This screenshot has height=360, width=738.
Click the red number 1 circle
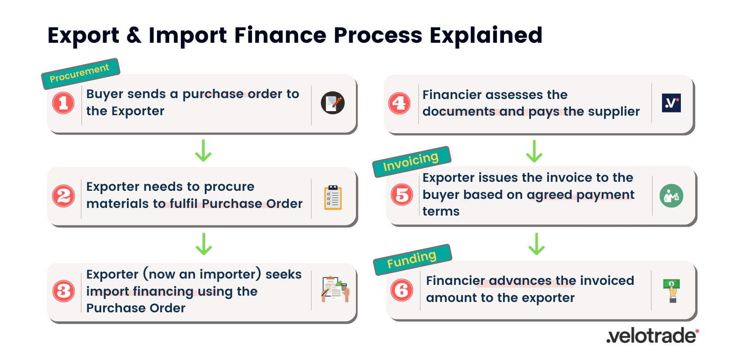pos(63,103)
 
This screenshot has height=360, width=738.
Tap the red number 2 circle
pos(63,196)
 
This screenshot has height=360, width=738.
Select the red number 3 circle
pos(63,291)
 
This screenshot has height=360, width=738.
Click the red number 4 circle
pos(399,103)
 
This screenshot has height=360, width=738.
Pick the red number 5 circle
pos(402,195)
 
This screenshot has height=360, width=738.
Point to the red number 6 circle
pos(402,290)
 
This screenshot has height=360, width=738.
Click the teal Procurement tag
pos(80,73)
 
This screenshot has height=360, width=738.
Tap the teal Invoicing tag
pos(411,162)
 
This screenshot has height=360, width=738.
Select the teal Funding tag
pos(412,259)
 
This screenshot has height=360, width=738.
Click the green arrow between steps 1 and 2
pos(203,151)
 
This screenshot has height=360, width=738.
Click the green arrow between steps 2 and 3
pos(204,244)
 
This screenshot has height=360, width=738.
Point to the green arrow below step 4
pos(534,151)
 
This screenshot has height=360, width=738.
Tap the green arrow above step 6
pos(536,244)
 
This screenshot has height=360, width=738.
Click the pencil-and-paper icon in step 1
pos(333,103)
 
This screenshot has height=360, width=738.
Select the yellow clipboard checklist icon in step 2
pos(333,198)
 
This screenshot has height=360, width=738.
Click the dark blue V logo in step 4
pos(671,103)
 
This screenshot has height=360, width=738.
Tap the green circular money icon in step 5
pos(671,196)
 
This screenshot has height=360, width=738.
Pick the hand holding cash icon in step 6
pos(672,290)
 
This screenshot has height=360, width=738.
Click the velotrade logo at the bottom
pos(652,336)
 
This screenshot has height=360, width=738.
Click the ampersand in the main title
pos(134,35)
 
